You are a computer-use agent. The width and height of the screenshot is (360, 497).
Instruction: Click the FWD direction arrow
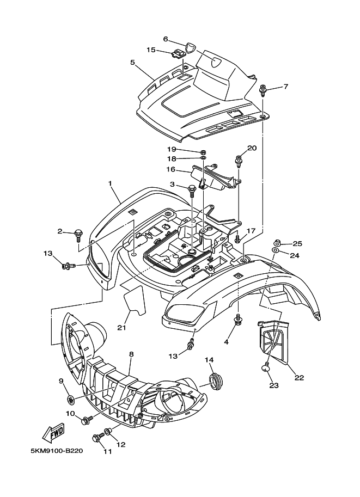(x=53, y=432)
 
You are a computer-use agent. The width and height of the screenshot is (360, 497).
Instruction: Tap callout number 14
(x=209, y=360)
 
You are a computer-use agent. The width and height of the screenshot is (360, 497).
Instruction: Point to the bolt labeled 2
(x=78, y=235)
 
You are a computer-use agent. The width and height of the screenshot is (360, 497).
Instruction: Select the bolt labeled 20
(x=239, y=161)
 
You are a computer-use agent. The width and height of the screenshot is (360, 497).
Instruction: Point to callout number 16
(x=170, y=169)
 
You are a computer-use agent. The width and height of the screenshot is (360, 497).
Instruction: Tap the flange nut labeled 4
(x=237, y=320)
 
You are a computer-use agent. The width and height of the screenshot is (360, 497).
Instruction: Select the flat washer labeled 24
(x=274, y=251)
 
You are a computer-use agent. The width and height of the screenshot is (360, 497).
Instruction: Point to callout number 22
(x=299, y=377)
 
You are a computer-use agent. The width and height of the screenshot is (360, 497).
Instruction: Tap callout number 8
(x=131, y=354)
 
